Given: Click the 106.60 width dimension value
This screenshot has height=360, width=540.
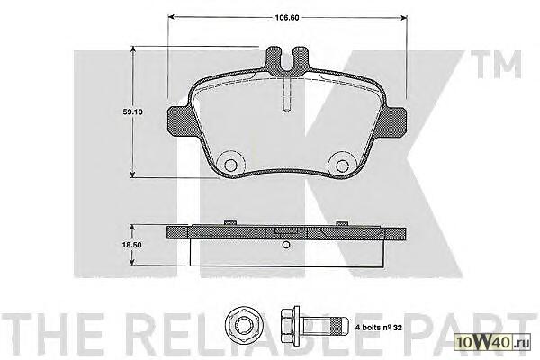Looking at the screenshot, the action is (x=286, y=18).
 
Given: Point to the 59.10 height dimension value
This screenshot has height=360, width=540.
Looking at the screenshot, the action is (x=132, y=112).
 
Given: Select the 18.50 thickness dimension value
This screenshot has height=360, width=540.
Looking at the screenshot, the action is (x=132, y=245).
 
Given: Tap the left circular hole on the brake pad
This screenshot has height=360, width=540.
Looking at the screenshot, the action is (x=230, y=166).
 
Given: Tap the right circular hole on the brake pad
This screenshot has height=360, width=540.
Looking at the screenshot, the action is (x=342, y=166).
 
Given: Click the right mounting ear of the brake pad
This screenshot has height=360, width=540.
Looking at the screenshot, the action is (x=395, y=121).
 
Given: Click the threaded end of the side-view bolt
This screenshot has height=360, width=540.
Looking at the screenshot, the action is (x=337, y=326).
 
